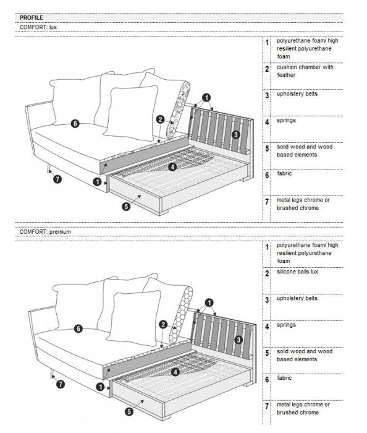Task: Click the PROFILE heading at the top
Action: click(32, 18)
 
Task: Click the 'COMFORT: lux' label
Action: click(40, 28)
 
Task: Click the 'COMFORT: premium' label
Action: click(45, 231)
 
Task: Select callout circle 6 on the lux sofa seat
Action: click(75, 124)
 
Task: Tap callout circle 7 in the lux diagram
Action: click(57, 179)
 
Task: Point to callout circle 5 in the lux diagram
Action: click(127, 207)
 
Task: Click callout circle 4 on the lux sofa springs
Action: click(172, 166)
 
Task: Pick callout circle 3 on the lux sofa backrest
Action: click(235, 134)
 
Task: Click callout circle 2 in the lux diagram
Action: click(160, 119)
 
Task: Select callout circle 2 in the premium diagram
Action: click(163, 324)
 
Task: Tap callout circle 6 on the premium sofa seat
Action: click(78, 328)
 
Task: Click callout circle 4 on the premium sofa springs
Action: click(175, 372)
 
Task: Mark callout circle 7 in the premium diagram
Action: click(60, 384)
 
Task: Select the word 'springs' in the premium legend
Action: click(287, 325)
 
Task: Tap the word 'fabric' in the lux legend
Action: click(284, 174)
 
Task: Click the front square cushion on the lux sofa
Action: click(131, 113)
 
